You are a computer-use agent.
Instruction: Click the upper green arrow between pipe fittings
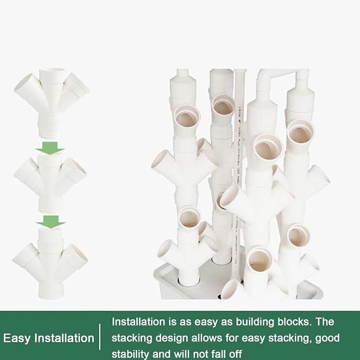50,148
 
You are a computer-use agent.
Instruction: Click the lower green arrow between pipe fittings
50,222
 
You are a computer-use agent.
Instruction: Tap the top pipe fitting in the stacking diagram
51,102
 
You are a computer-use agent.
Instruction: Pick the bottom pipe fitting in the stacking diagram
50,263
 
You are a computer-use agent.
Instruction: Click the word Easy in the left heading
16,338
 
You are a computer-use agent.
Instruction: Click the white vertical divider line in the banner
100,337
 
